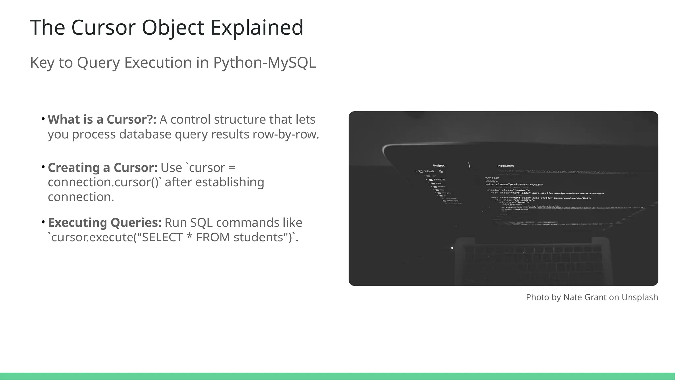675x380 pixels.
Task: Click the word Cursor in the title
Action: tap(103, 27)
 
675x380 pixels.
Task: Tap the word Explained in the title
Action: tap(256, 27)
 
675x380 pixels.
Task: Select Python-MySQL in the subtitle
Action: tap(264, 62)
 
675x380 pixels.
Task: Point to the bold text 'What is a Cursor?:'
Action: tap(102, 119)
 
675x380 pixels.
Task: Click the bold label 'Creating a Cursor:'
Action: tap(103, 168)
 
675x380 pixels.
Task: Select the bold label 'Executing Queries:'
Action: tap(104, 223)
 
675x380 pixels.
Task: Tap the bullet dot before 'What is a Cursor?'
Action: tap(43, 119)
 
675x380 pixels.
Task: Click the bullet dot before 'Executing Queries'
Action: tap(43, 222)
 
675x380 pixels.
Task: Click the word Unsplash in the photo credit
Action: tap(639, 297)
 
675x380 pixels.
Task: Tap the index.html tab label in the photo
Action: tap(506, 166)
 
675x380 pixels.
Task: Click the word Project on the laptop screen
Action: tap(438, 166)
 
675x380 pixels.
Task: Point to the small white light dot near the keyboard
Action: tap(452, 248)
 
